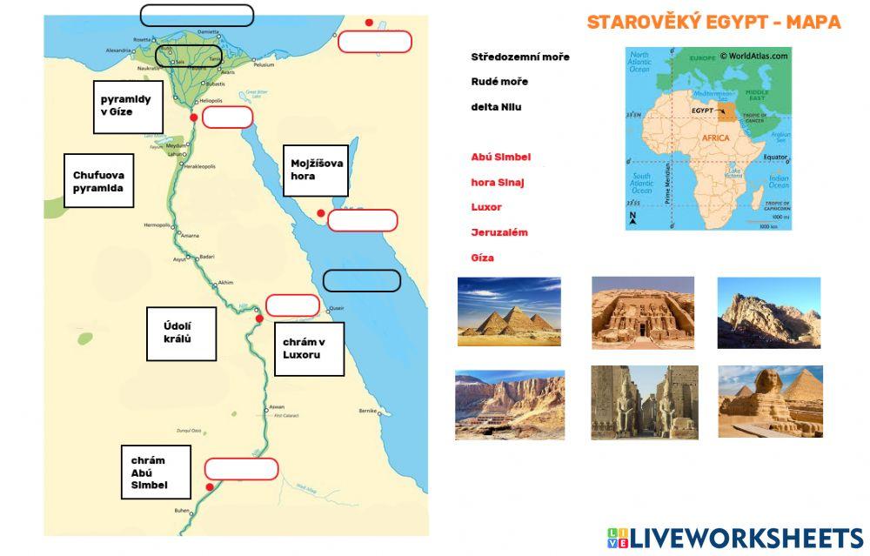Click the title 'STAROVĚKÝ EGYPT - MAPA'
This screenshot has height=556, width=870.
pyautogui.click(x=713, y=23)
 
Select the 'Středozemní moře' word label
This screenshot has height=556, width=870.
pyautogui.click(x=520, y=57)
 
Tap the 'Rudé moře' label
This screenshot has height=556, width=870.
pyautogui.click(x=499, y=82)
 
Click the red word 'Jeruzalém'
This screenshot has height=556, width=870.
pyautogui.click(x=499, y=232)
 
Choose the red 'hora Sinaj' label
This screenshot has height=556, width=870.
pyautogui.click(x=498, y=183)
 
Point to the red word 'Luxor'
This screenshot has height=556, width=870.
pyautogui.click(x=486, y=207)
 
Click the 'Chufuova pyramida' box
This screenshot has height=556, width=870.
pyautogui.click(x=98, y=181)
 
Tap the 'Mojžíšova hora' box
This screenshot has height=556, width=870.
pyautogui.click(x=318, y=170)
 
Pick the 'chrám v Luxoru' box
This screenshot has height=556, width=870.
pyautogui.click(x=308, y=349)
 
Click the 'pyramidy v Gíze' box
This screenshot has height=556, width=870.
pyautogui.click(x=125, y=106)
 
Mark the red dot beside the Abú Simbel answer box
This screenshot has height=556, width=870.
pyautogui.click(x=210, y=486)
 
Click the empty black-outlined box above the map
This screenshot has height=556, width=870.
pyautogui.click(x=197, y=15)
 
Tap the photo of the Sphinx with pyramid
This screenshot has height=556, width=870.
pyautogui.click(x=770, y=401)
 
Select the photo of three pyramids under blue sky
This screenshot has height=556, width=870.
pyautogui.click(x=509, y=311)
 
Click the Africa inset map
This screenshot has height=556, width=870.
pyautogui.click(x=708, y=138)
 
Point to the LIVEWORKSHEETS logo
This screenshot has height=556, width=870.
pyautogui.click(x=734, y=537)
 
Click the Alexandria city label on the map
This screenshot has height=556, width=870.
pyautogui.click(x=118, y=50)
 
